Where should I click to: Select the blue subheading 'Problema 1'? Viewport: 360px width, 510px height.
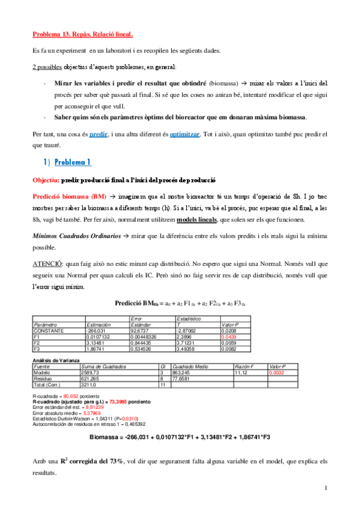point(73,162)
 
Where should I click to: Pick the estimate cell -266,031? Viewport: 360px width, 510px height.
point(97,331)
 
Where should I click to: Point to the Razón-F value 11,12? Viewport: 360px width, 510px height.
point(224,372)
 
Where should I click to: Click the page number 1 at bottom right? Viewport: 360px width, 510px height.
point(325,488)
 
